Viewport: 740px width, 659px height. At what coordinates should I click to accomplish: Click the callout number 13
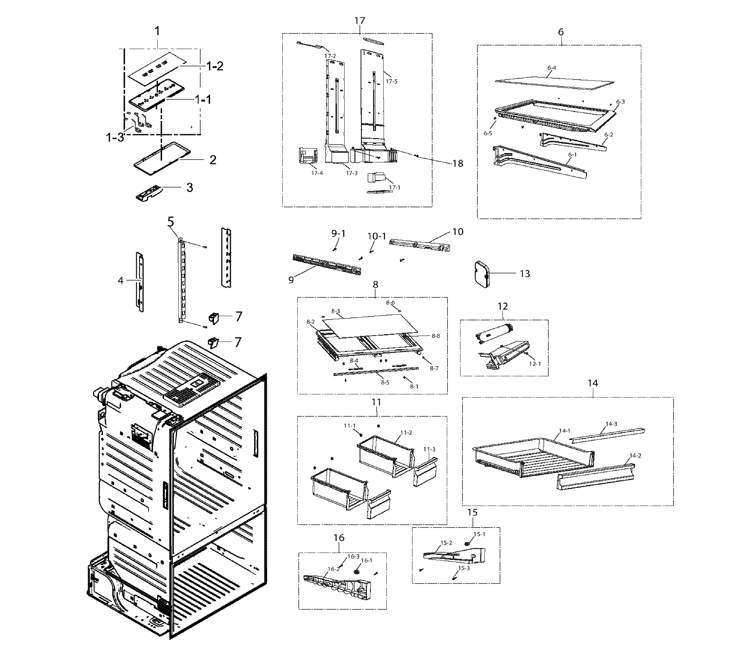[x=525, y=274]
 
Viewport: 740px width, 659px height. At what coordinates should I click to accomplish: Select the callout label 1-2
[x=215, y=66]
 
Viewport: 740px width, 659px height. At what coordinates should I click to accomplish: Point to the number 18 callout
[x=458, y=163]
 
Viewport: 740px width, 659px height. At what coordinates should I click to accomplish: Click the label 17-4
[x=317, y=173]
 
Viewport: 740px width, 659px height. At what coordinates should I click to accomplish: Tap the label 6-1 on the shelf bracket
[x=572, y=155]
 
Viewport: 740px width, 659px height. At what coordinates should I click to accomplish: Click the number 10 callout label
[x=458, y=232]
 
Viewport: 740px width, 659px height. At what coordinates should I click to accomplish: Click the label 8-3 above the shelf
[x=336, y=311]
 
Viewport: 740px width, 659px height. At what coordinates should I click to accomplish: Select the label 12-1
[x=535, y=363]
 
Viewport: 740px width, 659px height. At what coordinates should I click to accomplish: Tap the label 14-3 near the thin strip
[x=611, y=424]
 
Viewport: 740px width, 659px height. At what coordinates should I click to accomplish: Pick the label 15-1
[x=479, y=534]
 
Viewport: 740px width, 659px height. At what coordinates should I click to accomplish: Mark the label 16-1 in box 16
[x=367, y=561]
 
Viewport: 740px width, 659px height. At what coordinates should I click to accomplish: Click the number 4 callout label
[x=121, y=280]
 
